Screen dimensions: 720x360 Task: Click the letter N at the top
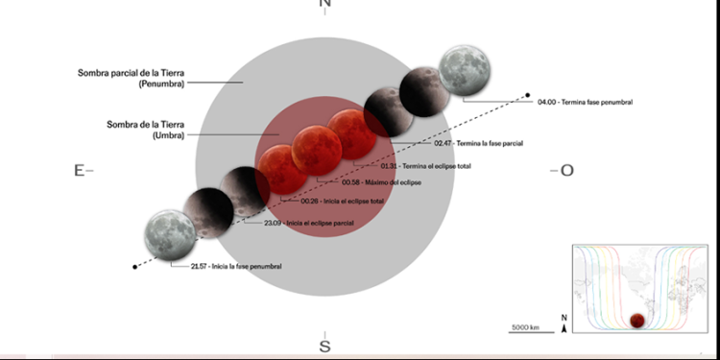pyautogui.click(x=324, y=5)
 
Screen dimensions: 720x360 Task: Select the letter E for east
pyautogui.click(x=79, y=170)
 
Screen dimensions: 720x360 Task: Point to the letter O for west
pyautogui.click(x=566, y=170)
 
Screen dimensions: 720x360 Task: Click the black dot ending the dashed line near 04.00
pyautogui.click(x=527, y=94)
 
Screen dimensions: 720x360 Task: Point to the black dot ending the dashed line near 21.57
pyautogui.click(x=135, y=266)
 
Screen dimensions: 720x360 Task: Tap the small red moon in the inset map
pyautogui.click(x=635, y=322)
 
